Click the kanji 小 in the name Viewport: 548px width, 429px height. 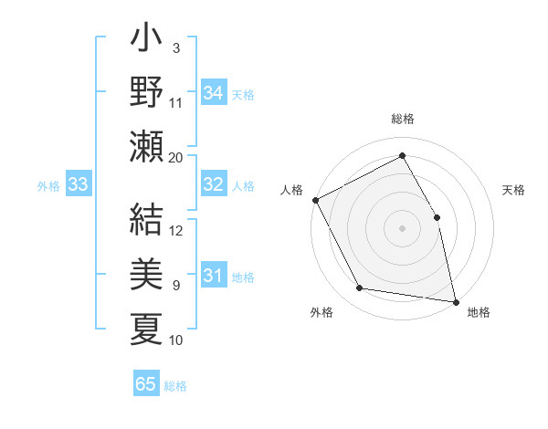click(x=147, y=41)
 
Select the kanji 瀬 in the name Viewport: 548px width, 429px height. click(x=147, y=145)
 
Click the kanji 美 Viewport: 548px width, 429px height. click(x=147, y=273)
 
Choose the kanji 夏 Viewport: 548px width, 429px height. click(x=147, y=327)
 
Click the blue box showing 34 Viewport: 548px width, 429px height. click(x=214, y=92)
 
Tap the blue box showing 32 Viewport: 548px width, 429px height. click(x=214, y=184)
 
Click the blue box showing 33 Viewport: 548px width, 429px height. click(x=78, y=185)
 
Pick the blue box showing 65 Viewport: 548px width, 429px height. click(x=146, y=384)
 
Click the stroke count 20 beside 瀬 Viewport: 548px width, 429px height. click(x=176, y=157)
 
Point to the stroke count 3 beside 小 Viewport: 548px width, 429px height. click(x=175, y=47)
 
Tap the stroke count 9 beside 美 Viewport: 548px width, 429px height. click(x=175, y=286)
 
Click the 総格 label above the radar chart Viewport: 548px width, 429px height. click(x=402, y=120)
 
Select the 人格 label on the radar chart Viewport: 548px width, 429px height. click(x=291, y=190)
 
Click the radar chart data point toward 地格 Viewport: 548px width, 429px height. click(x=455, y=301)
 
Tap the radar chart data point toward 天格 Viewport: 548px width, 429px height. click(x=437, y=217)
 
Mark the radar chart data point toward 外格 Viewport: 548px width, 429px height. click(x=360, y=288)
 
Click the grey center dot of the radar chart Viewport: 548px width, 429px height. click(x=402, y=228)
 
